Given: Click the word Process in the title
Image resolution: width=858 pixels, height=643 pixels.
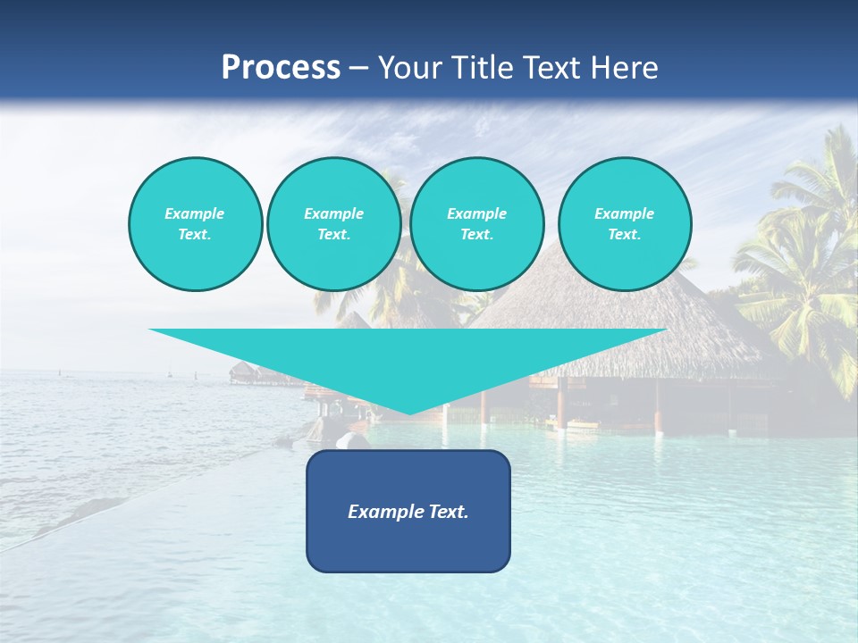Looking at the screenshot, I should coord(281,68).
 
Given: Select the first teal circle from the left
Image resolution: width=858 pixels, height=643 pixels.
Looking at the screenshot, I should coord(195,224).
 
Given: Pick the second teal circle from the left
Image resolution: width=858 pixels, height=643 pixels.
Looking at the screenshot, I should coord(334,224).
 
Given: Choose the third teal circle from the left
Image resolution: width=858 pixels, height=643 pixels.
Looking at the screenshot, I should coord(477,224).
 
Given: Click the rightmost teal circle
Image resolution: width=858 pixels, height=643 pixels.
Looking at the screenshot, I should coord(625,224).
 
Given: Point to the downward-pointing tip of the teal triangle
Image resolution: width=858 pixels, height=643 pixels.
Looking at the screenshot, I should coord(408,412).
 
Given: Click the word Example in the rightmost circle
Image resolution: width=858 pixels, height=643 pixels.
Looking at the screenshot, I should coord(625,213).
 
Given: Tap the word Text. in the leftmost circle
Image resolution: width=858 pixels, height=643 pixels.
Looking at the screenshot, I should coord(195,234).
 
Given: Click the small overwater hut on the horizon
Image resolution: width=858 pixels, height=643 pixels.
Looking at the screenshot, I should coord(242,372).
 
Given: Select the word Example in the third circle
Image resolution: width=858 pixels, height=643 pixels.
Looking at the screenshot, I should coord(477,213).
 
